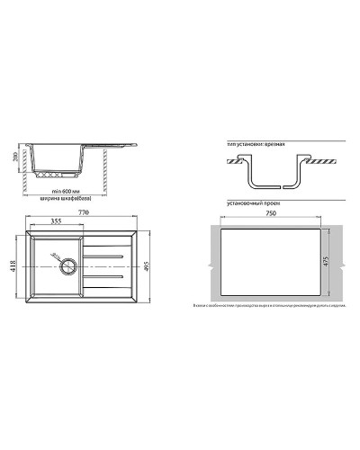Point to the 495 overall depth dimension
(148, 261)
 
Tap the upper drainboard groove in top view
(108, 256)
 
